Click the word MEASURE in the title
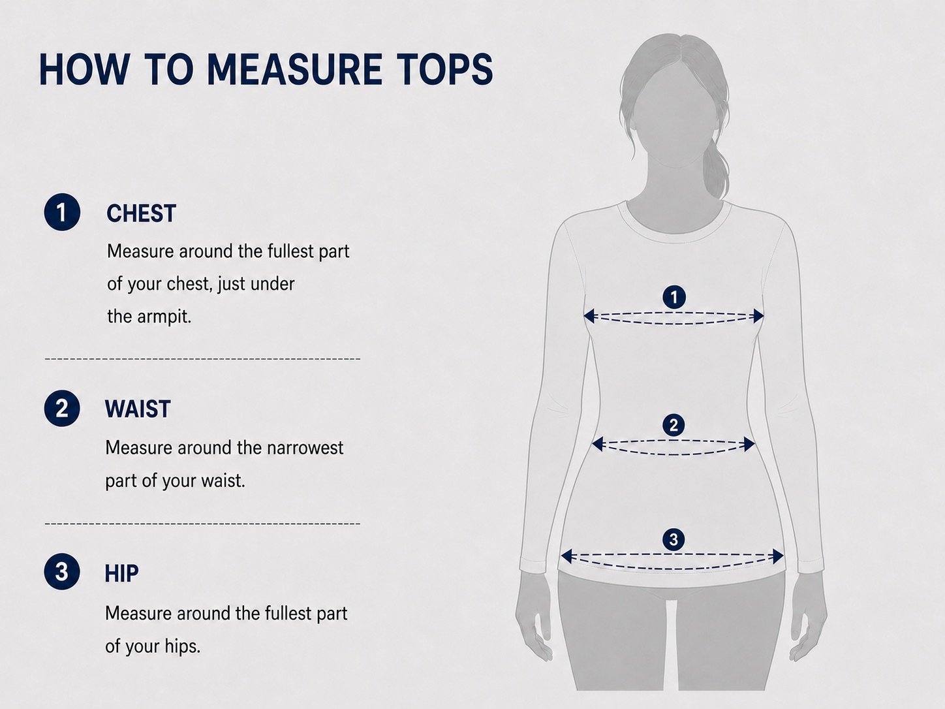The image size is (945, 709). pos(294,69)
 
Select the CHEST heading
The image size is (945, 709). pos(141,213)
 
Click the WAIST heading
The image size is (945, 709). pos(138,409)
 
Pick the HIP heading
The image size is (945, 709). pos(122,573)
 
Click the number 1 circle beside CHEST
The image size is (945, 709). pos(62,212)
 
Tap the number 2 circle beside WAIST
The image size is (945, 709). pos(62,408)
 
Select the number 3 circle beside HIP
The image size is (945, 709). pos(62,571)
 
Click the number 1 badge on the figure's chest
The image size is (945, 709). pos(674,296)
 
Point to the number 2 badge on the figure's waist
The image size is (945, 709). pos(674,425)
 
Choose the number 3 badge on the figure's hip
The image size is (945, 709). pos(674,539)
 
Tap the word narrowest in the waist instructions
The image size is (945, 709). pos(305,448)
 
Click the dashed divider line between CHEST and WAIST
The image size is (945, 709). pos(202,358)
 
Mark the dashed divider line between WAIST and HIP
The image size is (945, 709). pos(202,524)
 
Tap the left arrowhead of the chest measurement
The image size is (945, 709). pos(589,316)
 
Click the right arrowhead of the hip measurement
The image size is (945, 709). pos(777,556)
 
